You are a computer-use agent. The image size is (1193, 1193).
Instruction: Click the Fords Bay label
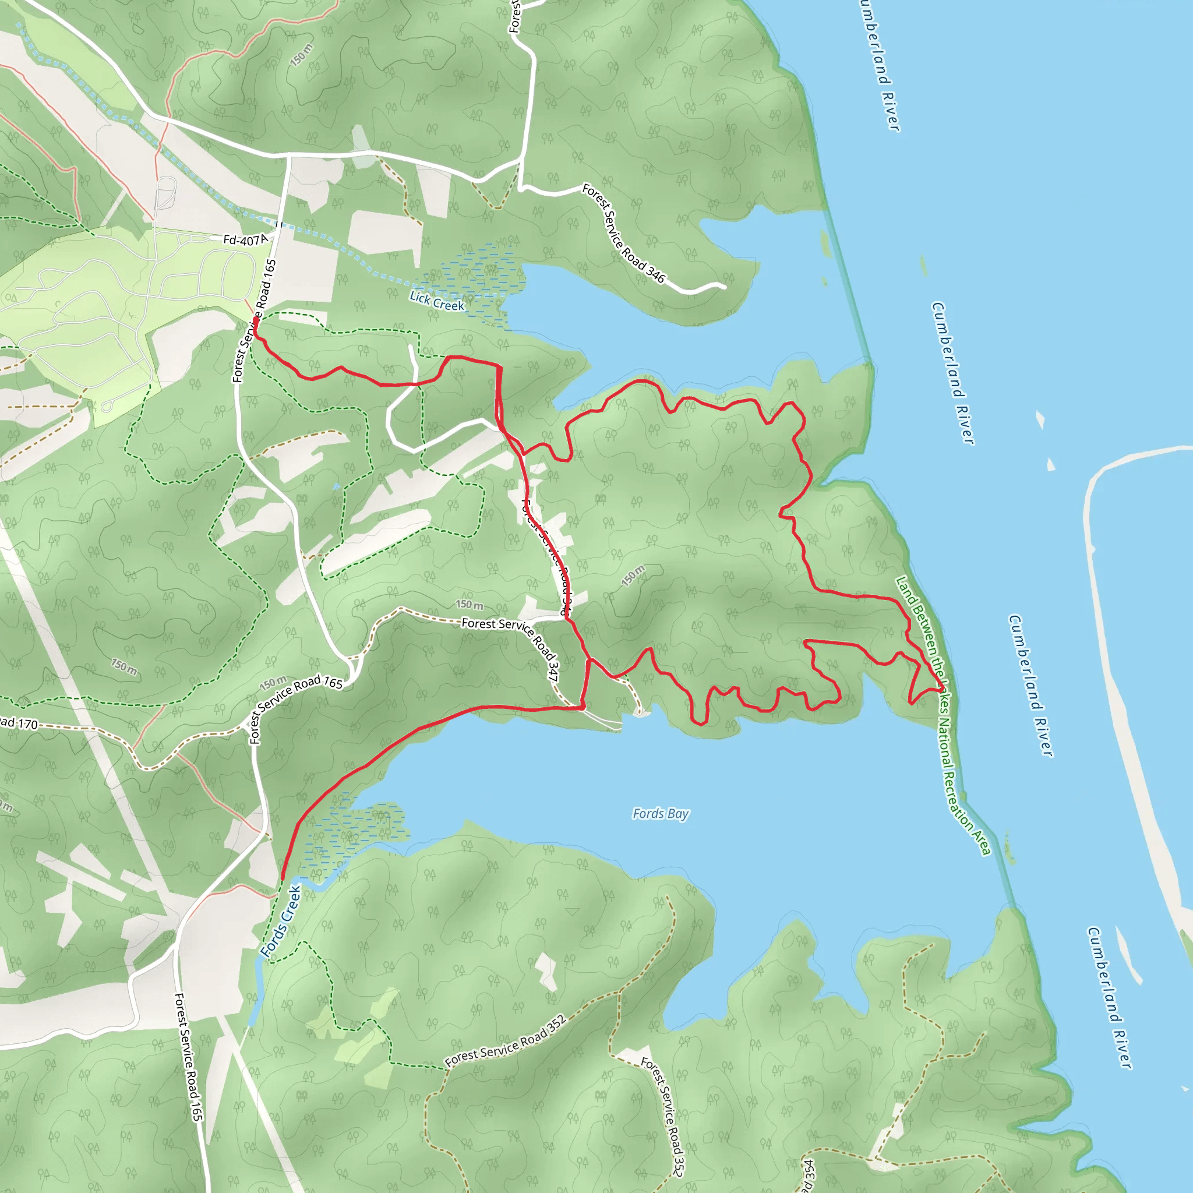660,814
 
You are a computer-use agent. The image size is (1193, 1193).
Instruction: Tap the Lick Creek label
436,301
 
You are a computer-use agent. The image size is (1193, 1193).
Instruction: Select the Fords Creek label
280,922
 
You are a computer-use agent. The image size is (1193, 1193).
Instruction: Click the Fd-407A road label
245,239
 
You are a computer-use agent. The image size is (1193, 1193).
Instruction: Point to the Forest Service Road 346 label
624,234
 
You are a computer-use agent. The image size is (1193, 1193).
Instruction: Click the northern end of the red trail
255,320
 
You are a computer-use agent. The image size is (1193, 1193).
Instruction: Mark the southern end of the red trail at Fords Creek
282,877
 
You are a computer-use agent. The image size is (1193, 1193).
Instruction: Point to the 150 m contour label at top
301,55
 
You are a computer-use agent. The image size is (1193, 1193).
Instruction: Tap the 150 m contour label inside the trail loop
633,575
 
